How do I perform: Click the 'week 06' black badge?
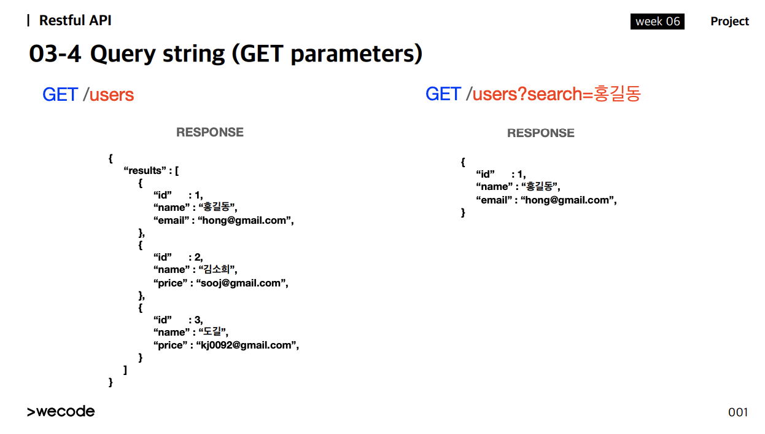pyautogui.click(x=657, y=22)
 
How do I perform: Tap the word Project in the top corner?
pyautogui.click(x=729, y=22)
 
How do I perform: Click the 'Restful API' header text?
pyautogui.click(x=75, y=20)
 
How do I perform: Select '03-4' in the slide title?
pyautogui.click(x=55, y=53)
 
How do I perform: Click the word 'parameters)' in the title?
pyautogui.click(x=357, y=54)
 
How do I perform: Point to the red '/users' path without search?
pyautogui.click(x=108, y=95)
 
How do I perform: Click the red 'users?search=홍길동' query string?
pyautogui.click(x=557, y=93)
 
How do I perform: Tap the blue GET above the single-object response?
pyautogui.click(x=443, y=93)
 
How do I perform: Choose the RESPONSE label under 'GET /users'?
pyautogui.click(x=210, y=132)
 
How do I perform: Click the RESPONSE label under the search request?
pyautogui.click(x=541, y=133)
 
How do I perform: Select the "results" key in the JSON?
pyautogui.click(x=145, y=170)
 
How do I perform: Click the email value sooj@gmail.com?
pyautogui.click(x=241, y=283)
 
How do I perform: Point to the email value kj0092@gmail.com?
pyautogui.click(x=246, y=345)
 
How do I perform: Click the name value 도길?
pyautogui.click(x=212, y=331)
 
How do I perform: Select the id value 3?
pyautogui.click(x=197, y=320)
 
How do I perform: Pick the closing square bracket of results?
pyautogui.click(x=125, y=369)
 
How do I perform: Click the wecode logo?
pyautogui.click(x=61, y=411)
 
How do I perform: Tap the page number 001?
pyautogui.click(x=738, y=412)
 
